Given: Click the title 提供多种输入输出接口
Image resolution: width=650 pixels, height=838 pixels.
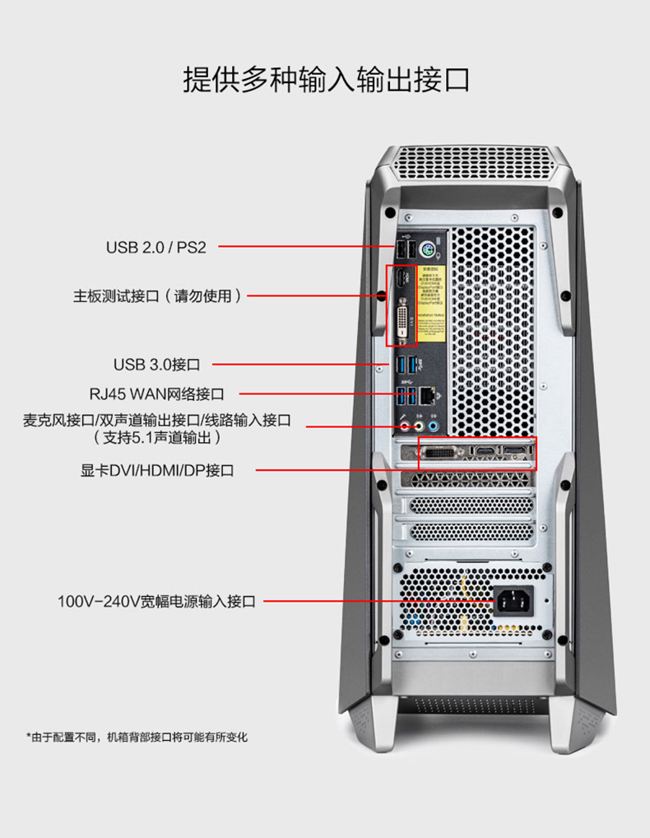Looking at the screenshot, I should point(325,80).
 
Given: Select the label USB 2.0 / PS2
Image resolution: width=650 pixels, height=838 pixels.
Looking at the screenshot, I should point(156,247).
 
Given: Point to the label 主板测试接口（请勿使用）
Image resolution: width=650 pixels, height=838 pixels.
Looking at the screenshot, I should point(158,296).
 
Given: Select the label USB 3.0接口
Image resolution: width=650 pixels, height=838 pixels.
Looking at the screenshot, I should point(156,364).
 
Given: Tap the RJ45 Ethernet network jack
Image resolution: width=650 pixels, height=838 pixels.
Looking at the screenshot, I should point(427,396).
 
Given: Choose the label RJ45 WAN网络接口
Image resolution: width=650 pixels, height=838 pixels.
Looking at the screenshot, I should point(156,394).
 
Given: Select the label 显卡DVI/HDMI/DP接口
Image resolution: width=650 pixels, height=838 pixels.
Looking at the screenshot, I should point(157,471).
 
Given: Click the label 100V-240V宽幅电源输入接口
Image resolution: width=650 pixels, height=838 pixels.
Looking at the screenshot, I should point(156,602).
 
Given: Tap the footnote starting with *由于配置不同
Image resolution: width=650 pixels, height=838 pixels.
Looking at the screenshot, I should point(137,737).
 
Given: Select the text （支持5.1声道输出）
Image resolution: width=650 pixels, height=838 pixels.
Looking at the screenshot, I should point(158,438).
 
